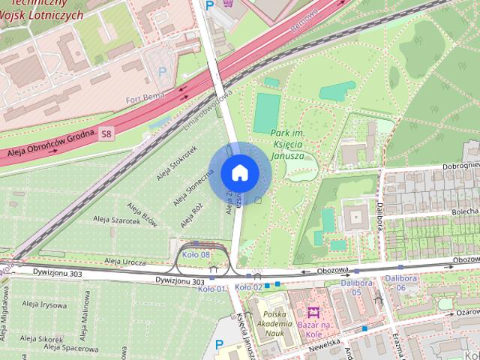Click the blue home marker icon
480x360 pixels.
pos(239,173)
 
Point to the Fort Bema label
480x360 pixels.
pos(145,98)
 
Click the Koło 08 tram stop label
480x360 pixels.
pos(194,255)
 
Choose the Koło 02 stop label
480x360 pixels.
pos(249,286)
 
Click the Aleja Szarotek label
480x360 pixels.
pos(117,220)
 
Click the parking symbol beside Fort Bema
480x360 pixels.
pos(162,73)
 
